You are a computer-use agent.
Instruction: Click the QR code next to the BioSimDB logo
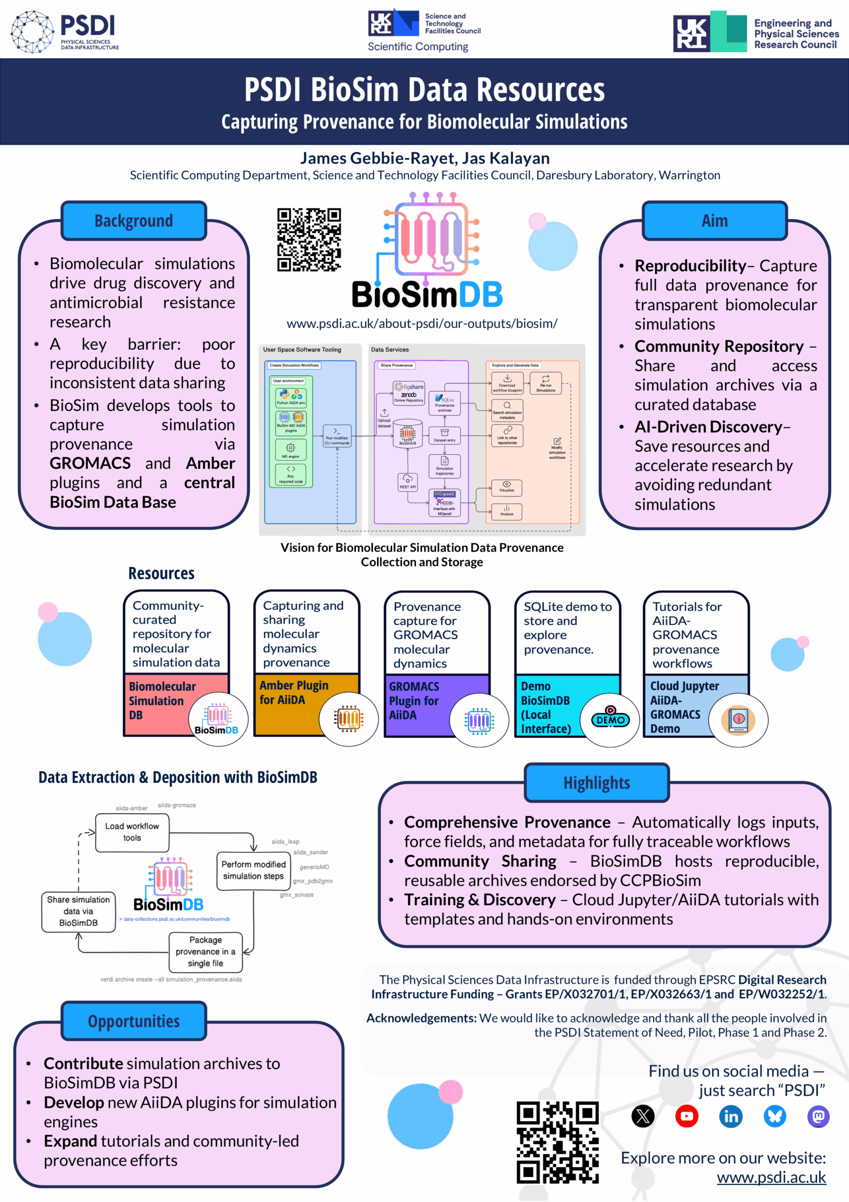[309, 240]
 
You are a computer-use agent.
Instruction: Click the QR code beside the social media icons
[557, 1142]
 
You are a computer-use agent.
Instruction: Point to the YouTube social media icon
[686, 1117]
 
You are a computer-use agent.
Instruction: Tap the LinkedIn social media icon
[731, 1117]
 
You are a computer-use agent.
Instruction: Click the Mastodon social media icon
[818, 1117]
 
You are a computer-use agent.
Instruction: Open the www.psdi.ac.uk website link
[771, 1178]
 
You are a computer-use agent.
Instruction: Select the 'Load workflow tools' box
[132, 832]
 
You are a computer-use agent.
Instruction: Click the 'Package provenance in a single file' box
[205, 951]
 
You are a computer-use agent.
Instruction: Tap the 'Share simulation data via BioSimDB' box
[78, 911]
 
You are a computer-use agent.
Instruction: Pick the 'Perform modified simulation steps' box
[254, 870]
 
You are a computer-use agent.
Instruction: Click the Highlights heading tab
[596, 783]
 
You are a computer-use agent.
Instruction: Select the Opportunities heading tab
[133, 1021]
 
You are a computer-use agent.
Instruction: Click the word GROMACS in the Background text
[90, 463]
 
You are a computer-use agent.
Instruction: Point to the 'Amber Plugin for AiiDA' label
[293, 692]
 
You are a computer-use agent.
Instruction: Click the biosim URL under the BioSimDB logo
[422, 324]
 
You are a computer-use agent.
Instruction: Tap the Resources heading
[161, 573]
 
